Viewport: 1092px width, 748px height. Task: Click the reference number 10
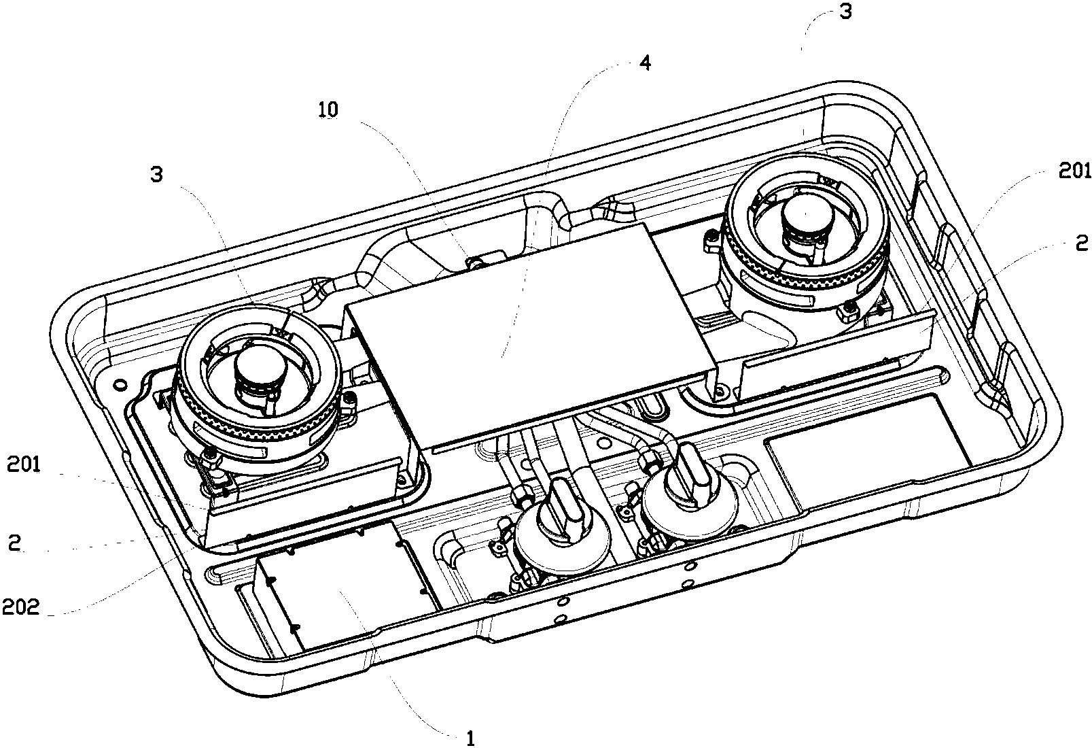(x=328, y=109)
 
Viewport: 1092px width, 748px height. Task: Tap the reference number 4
(x=645, y=63)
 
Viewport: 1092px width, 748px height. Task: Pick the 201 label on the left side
(x=24, y=465)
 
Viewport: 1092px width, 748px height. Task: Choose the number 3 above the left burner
(x=157, y=175)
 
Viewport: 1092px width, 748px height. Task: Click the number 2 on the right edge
(x=1082, y=243)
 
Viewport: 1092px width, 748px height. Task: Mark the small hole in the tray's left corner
(x=121, y=385)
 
